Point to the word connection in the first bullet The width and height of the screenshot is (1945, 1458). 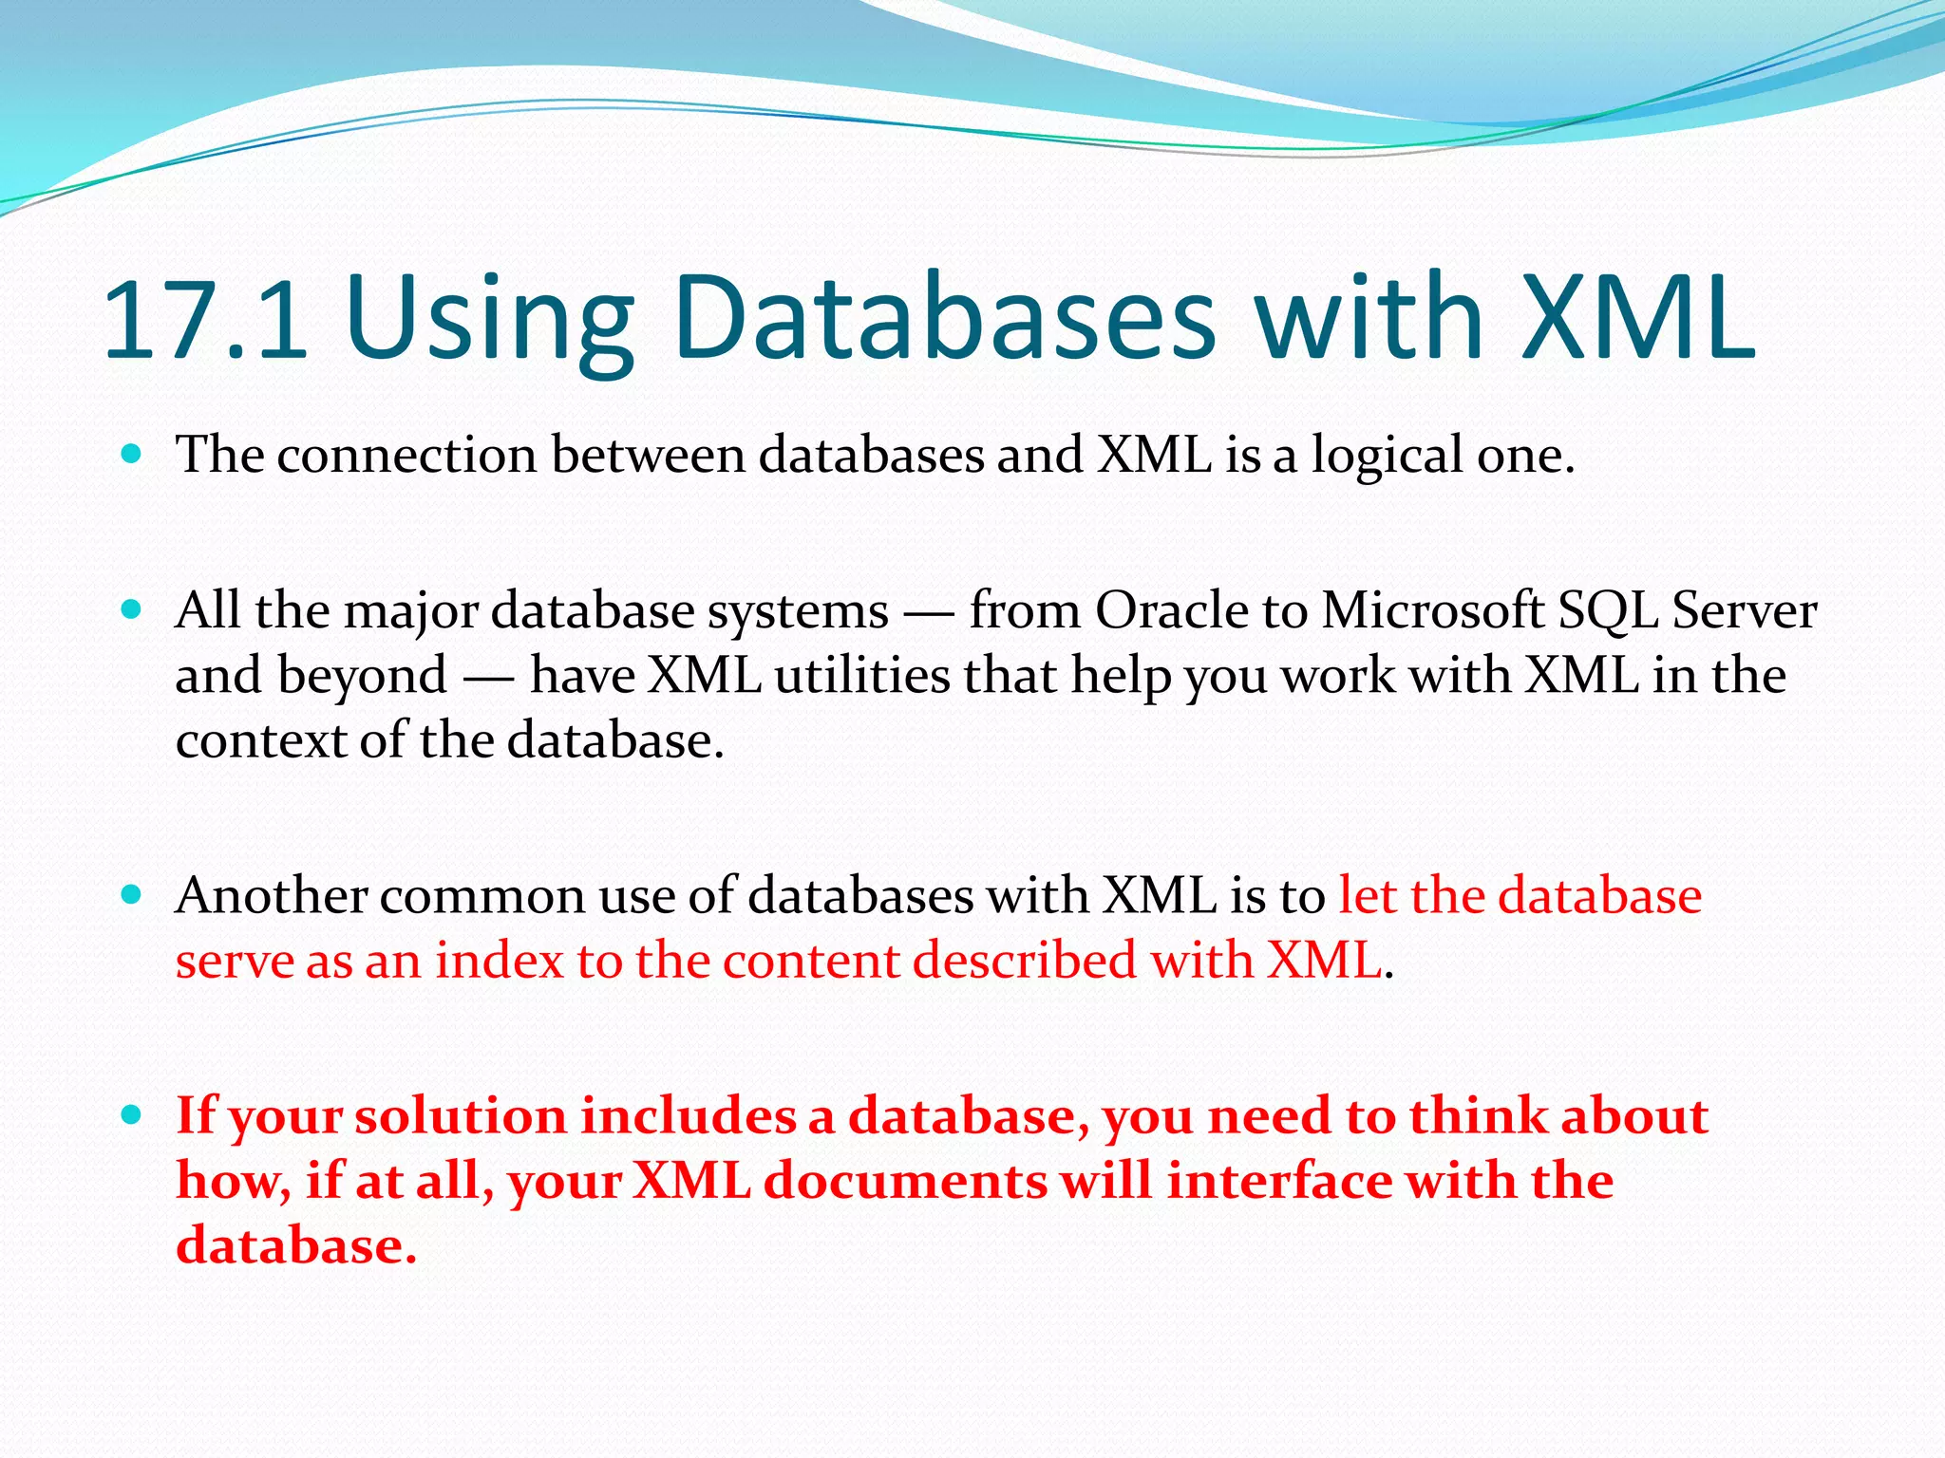click(406, 455)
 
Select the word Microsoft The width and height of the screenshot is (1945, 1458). click(1433, 610)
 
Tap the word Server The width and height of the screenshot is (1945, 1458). click(1744, 610)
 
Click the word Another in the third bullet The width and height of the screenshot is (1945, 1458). click(272, 895)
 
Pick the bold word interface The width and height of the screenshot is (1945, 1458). click(1278, 1181)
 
